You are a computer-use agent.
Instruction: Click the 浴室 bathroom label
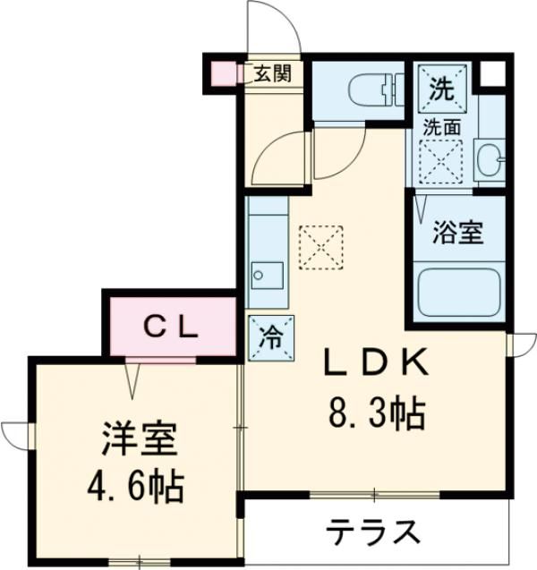(457, 234)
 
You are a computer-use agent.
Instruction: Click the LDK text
(376, 364)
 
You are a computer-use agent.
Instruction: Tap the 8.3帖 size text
(375, 413)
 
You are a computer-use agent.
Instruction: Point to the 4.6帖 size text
(136, 488)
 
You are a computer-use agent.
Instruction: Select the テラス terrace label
(372, 533)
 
